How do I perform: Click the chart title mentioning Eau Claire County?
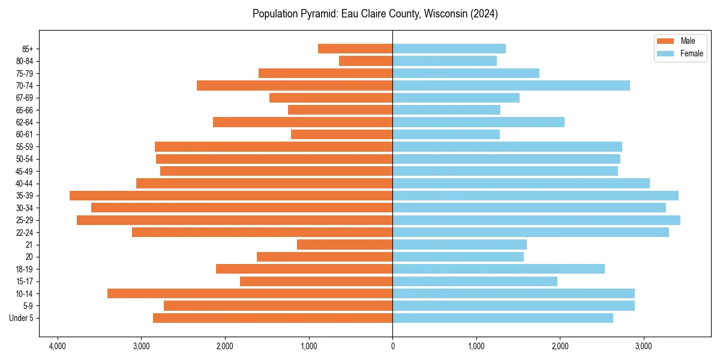click(375, 14)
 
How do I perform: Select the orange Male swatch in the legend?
click(665, 41)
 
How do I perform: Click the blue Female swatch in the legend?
click(665, 53)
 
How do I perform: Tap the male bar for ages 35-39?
click(231, 196)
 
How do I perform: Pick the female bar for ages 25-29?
click(536, 220)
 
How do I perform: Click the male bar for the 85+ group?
click(355, 49)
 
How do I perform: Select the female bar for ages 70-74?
click(511, 85)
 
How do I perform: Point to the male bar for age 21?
click(345, 245)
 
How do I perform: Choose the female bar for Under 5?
click(503, 318)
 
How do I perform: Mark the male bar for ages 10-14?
click(250, 293)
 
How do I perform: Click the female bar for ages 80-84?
click(445, 61)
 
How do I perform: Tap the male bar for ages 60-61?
click(342, 134)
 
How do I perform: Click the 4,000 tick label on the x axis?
click(58, 346)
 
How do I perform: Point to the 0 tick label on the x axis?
click(392, 346)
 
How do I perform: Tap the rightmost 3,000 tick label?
click(644, 346)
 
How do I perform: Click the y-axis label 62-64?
click(25, 122)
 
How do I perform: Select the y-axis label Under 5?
click(22, 318)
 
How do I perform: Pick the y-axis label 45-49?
click(25, 171)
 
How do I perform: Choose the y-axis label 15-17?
click(25, 281)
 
